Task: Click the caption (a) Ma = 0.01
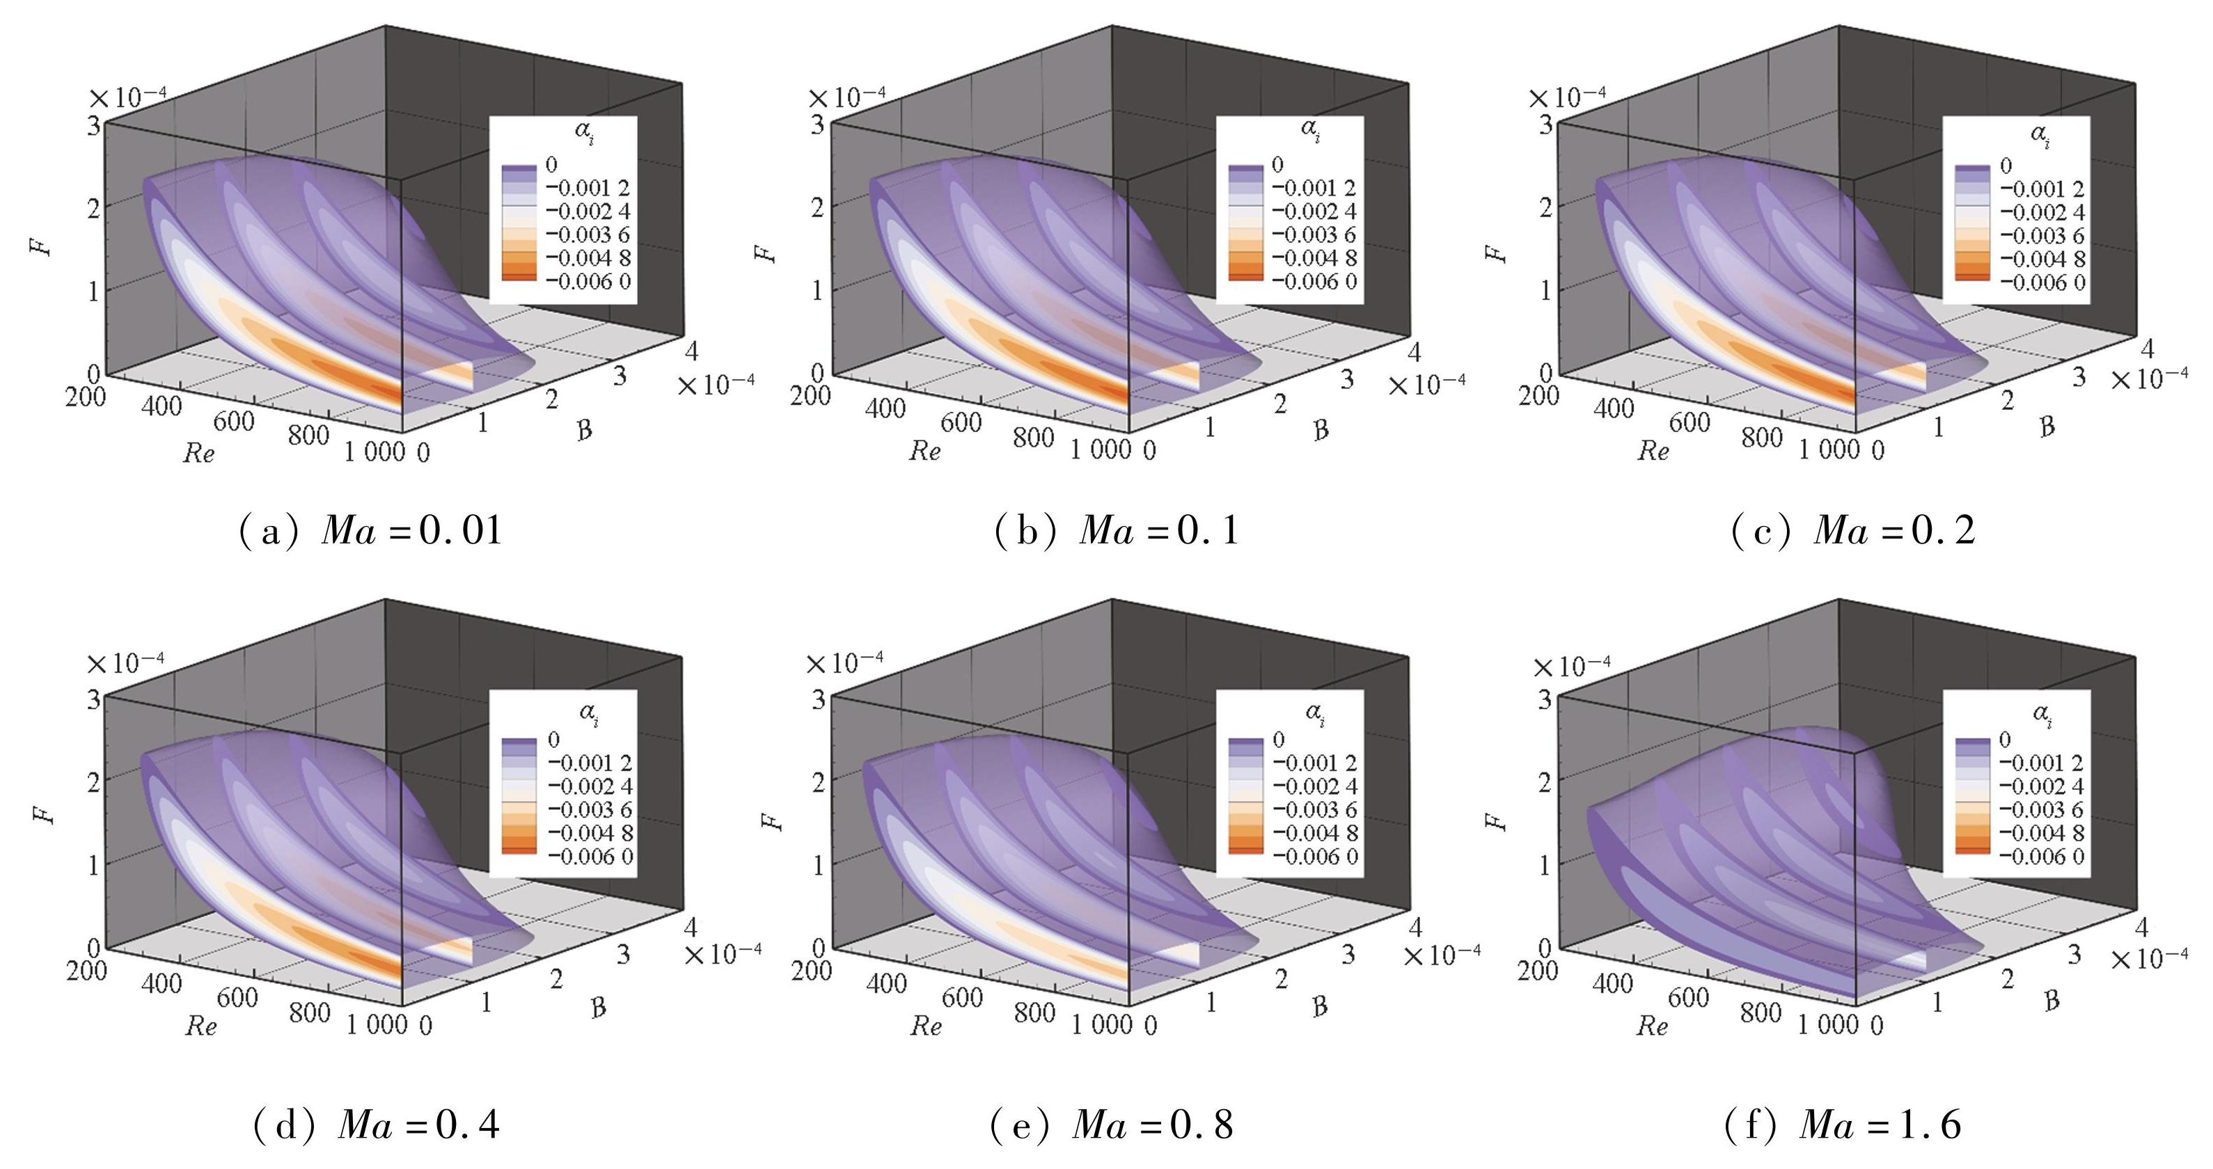(x=370, y=530)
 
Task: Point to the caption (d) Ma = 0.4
(x=377, y=1124)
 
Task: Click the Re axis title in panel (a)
(x=198, y=453)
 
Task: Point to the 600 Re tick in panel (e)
(x=961, y=997)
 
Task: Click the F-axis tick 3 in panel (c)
(x=1545, y=125)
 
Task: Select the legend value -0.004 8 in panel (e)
(x=1315, y=833)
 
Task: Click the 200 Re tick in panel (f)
(x=1538, y=970)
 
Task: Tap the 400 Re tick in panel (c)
(x=1612, y=408)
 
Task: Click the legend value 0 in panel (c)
(x=2006, y=166)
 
